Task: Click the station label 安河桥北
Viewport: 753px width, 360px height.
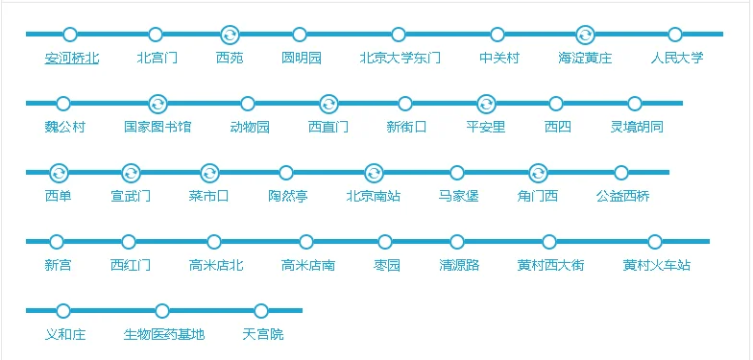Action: click(x=71, y=58)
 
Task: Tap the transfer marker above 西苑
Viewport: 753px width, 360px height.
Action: click(x=230, y=35)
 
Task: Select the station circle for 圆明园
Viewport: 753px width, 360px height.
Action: click(x=301, y=35)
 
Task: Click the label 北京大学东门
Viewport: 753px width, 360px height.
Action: click(x=400, y=58)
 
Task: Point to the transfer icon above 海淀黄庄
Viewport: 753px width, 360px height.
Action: click(x=585, y=35)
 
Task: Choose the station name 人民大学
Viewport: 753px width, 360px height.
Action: click(x=676, y=58)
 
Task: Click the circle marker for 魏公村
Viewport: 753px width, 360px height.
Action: click(x=63, y=104)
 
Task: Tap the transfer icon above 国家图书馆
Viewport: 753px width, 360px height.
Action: click(x=158, y=104)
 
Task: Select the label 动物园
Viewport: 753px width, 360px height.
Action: click(x=249, y=127)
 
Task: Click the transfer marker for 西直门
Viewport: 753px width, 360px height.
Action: click(x=328, y=104)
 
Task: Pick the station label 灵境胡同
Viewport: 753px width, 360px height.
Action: click(x=636, y=127)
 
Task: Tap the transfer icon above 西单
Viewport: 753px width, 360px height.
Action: click(x=59, y=173)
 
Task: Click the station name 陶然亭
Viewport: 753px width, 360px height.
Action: click(x=287, y=196)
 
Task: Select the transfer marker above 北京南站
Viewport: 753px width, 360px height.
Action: click(x=374, y=173)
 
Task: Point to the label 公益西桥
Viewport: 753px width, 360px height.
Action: click(x=622, y=196)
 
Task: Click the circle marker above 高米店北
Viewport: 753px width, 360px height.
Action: click(x=214, y=242)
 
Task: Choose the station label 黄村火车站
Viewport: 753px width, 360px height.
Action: click(x=656, y=265)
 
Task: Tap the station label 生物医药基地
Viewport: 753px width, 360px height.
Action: click(x=163, y=334)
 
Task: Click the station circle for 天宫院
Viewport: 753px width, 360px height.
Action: click(x=261, y=311)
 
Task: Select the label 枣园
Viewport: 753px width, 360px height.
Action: click(x=386, y=265)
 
